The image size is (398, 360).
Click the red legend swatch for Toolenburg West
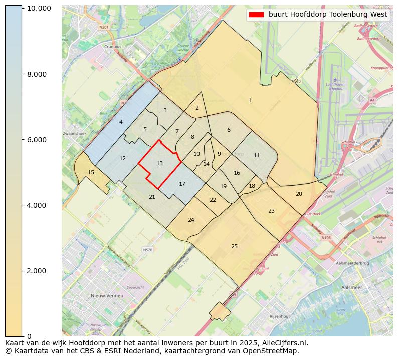coord(256,15)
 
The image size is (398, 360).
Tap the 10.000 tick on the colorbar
coord(39,9)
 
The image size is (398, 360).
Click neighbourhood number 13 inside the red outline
coord(159,163)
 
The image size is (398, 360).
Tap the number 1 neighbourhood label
coord(250,101)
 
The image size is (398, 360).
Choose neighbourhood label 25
coord(234,246)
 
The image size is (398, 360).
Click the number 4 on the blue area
coord(121,122)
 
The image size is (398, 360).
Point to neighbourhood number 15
coord(91,172)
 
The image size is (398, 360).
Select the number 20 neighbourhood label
coord(299,194)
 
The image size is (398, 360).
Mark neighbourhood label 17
coord(182,184)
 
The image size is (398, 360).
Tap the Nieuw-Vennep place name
coord(107,296)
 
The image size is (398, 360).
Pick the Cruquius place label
coord(113,47)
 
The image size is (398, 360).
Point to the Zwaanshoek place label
coord(75,134)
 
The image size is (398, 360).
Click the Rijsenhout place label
coord(280,316)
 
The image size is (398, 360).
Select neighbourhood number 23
coord(271,211)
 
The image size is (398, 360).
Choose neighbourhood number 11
coord(257,155)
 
